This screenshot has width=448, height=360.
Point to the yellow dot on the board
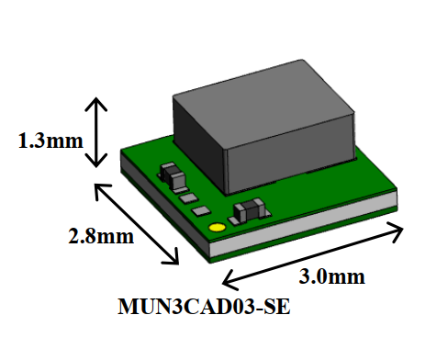[217, 227]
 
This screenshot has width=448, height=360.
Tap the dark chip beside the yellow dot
[249, 212]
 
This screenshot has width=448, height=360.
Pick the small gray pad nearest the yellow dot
[201, 211]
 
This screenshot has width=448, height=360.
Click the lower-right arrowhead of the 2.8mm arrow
[175, 259]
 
